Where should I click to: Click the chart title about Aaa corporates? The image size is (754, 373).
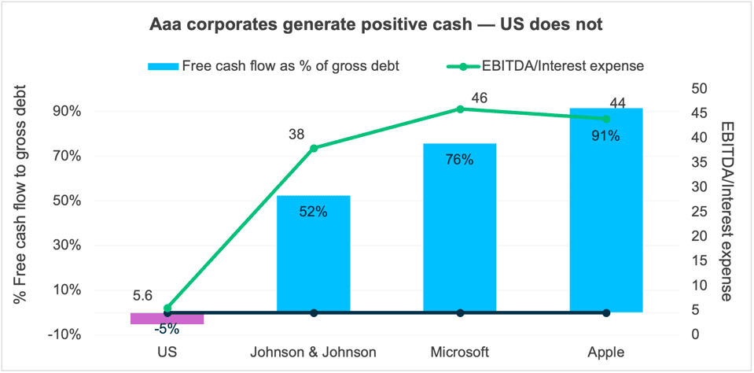(377, 25)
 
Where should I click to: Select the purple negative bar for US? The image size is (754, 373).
(167, 318)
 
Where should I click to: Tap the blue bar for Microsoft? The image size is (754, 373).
(459, 227)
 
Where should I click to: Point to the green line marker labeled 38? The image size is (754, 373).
(314, 148)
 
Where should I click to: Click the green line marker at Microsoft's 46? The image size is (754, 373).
(460, 109)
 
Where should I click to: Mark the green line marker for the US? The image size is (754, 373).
(167, 308)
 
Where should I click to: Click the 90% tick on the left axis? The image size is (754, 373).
(66, 111)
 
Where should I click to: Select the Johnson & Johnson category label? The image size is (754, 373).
(314, 351)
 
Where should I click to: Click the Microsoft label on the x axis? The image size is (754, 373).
(460, 351)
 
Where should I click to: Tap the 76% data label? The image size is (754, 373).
(459, 160)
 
